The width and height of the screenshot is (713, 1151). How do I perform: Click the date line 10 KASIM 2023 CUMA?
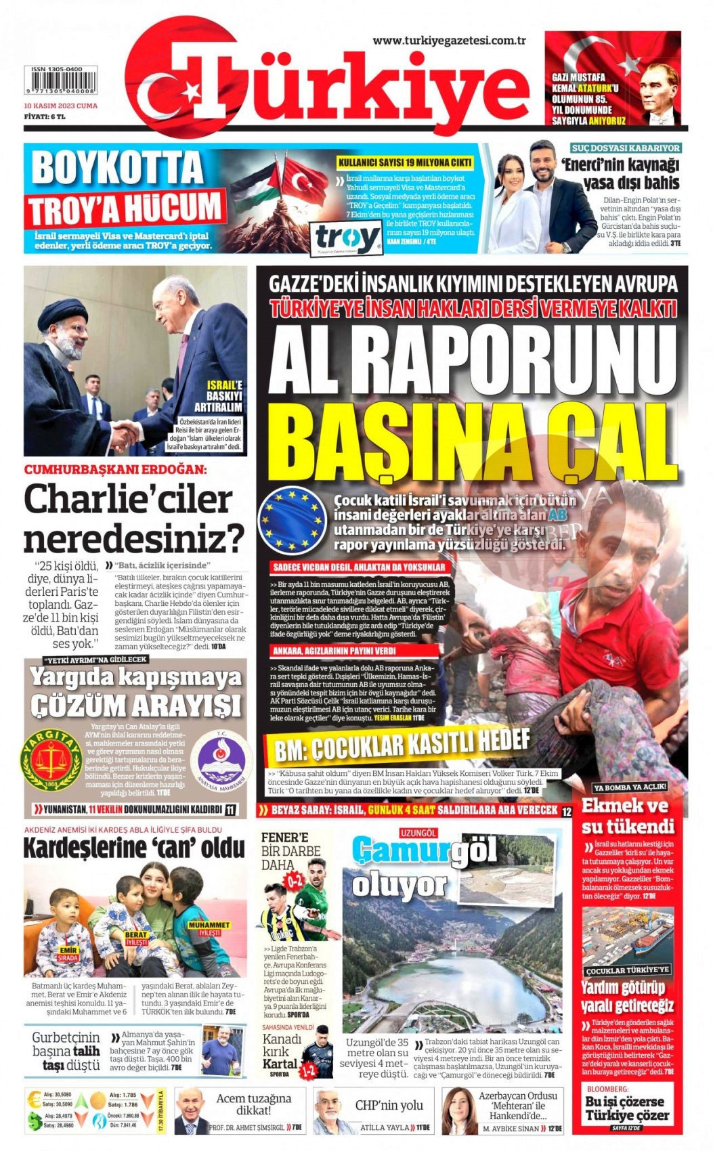60,106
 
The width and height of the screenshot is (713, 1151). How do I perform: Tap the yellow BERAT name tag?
136,938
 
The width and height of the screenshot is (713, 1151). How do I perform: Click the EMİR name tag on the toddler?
68,953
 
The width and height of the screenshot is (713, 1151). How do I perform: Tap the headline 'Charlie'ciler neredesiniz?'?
133,519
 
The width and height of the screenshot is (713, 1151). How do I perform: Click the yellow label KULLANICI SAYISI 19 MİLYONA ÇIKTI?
406,162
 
